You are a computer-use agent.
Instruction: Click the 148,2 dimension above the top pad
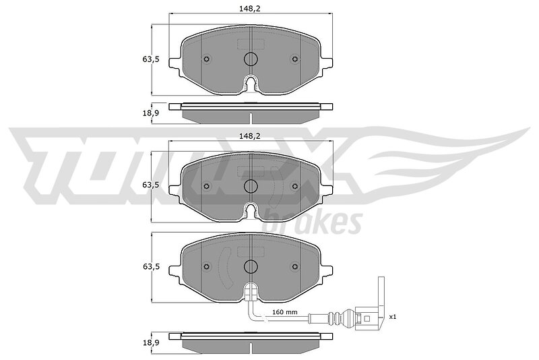click(250, 9)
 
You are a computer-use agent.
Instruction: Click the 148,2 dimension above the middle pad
click(250, 136)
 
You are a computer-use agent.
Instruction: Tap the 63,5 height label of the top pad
click(151, 59)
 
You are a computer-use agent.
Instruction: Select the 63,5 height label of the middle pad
click(151, 185)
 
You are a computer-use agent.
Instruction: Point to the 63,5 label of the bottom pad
click(151, 266)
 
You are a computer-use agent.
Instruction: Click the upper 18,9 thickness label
click(151, 113)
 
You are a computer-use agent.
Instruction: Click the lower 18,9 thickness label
click(151, 342)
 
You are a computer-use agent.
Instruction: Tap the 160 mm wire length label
click(284, 312)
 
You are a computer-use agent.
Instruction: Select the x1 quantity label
click(393, 317)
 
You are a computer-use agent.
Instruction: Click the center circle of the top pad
click(251, 59)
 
